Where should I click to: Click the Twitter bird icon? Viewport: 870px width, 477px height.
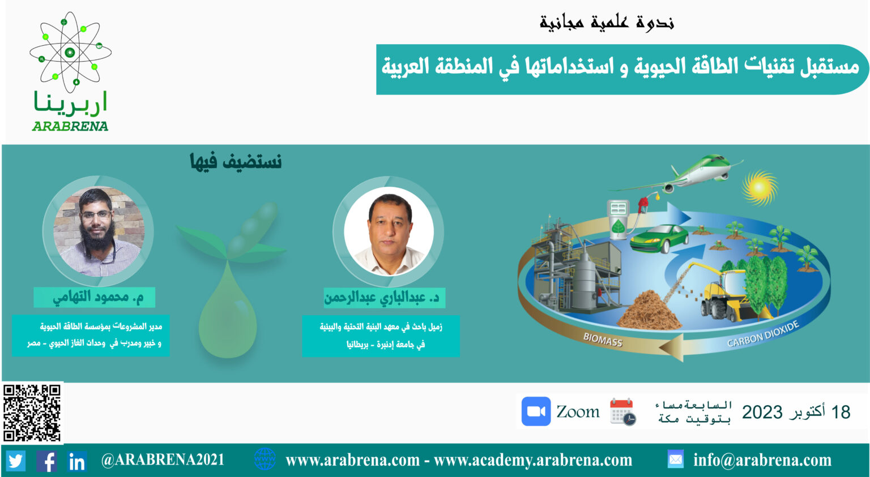(16, 461)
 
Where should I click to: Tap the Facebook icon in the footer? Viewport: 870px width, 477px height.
(47, 461)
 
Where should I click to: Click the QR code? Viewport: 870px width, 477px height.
(32, 413)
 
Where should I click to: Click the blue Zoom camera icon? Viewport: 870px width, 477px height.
(536, 411)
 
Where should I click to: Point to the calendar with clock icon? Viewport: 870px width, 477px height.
(622, 412)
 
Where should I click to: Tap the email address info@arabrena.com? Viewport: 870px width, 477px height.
(762, 461)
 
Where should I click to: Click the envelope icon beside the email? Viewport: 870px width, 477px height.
(675, 459)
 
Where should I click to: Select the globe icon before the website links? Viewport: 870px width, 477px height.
(265, 459)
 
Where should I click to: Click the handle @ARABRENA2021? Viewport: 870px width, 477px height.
(163, 460)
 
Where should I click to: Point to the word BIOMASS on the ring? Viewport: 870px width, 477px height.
(603, 340)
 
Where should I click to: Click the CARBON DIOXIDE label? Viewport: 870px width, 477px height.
(763, 334)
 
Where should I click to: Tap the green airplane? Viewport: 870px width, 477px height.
(676, 174)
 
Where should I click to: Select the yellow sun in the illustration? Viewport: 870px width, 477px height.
(760, 188)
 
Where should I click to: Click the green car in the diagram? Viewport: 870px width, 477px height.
(659, 239)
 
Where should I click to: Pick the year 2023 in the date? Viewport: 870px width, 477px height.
(762, 412)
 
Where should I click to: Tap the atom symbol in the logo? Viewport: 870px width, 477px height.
(70, 52)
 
